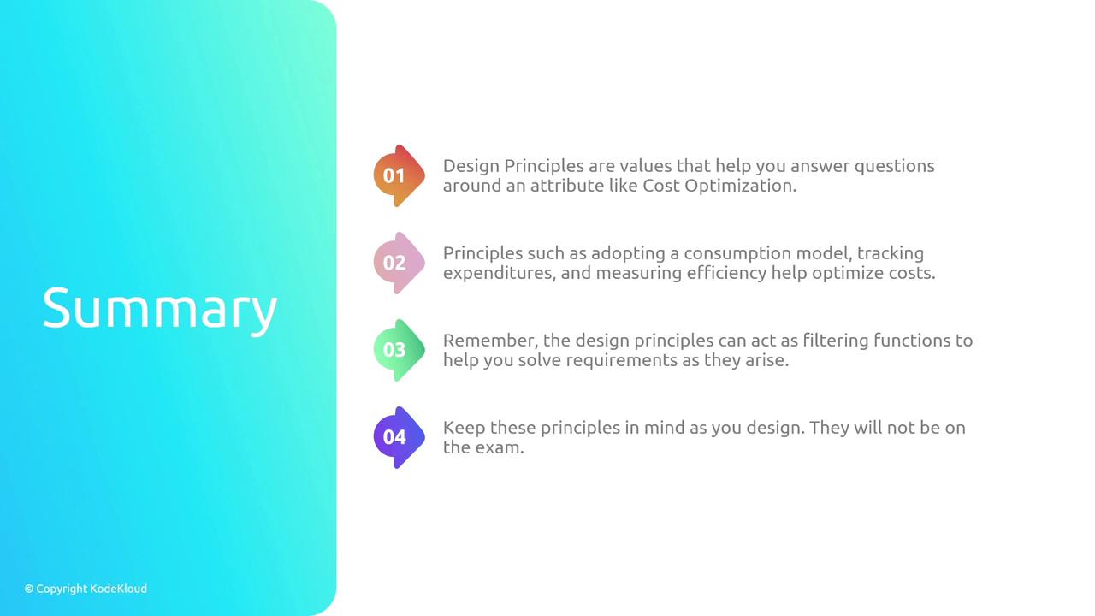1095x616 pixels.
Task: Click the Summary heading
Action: coord(160,310)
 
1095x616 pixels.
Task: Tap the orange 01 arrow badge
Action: coord(399,175)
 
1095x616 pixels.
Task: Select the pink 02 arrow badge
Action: coord(399,263)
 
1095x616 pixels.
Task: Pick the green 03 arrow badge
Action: coord(399,350)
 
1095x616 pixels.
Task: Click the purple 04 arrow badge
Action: coord(399,437)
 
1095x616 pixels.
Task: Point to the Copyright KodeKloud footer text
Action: coord(86,589)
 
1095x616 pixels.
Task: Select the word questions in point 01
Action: coord(895,167)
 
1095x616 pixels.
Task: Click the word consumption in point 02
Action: coord(737,254)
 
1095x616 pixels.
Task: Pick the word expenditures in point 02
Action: coord(500,273)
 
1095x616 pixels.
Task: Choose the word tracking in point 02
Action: coord(891,254)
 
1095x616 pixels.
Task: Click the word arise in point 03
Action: coord(767,361)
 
